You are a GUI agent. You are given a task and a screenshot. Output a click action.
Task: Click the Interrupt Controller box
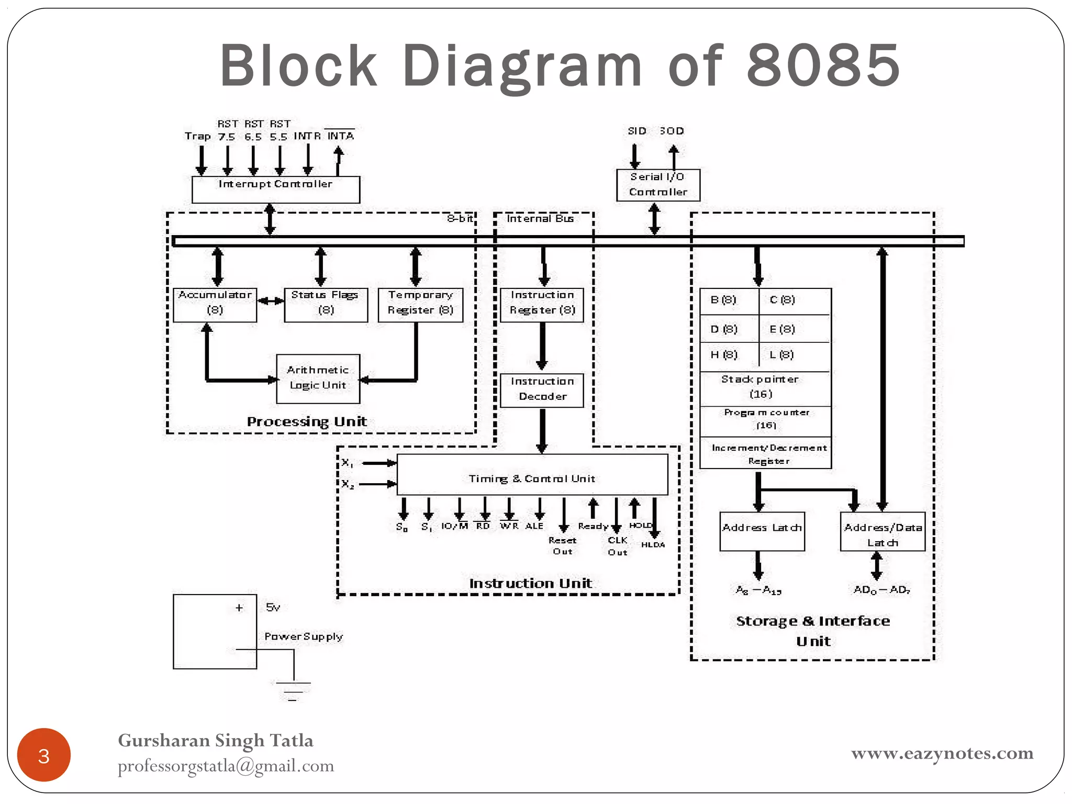(x=275, y=189)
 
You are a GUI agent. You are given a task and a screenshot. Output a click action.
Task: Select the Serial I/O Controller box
(x=658, y=185)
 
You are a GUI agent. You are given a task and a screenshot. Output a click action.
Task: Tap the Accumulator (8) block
(x=215, y=305)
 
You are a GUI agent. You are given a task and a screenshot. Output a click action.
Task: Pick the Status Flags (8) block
(x=326, y=305)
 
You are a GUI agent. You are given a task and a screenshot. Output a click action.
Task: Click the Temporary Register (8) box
(x=420, y=305)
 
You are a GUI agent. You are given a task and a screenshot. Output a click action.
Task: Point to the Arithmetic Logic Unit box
(x=318, y=378)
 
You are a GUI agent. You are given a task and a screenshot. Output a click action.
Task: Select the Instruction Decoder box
(x=542, y=390)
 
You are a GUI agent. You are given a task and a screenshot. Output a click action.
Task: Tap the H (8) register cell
(x=728, y=355)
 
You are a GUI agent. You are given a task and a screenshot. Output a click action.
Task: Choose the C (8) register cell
(x=794, y=300)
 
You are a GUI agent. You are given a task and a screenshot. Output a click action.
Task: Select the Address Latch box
(x=762, y=531)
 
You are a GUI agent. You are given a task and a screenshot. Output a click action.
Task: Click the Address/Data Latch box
(x=883, y=531)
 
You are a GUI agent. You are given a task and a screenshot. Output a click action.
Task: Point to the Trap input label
(x=198, y=137)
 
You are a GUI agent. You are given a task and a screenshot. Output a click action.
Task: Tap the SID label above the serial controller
(x=636, y=131)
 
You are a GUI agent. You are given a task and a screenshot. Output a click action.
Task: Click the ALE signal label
(x=534, y=526)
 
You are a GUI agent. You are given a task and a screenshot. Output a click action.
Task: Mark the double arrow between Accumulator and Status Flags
(x=271, y=300)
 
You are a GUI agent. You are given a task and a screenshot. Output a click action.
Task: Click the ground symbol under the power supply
(x=293, y=690)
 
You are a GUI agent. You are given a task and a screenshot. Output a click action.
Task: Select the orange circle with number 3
(x=44, y=755)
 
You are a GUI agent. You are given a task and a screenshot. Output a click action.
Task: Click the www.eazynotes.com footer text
(x=942, y=753)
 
